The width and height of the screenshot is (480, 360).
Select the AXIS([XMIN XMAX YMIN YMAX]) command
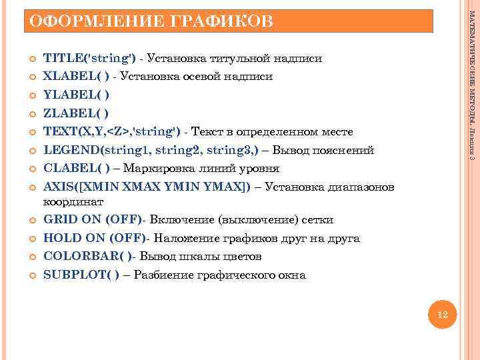pyautogui.click(x=147, y=187)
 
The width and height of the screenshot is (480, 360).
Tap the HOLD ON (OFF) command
pyautogui.click(x=95, y=238)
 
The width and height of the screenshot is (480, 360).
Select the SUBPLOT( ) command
pyautogui.click(x=81, y=275)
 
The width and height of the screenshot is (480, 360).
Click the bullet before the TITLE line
pyautogui.click(x=31, y=59)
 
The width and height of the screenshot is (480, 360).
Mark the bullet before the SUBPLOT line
pyautogui.click(x=31, y=275)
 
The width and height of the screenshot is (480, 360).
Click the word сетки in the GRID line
pyautogui.click(x=318, y=220)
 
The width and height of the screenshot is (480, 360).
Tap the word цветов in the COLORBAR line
pyautogui.click(x=240, y=257)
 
